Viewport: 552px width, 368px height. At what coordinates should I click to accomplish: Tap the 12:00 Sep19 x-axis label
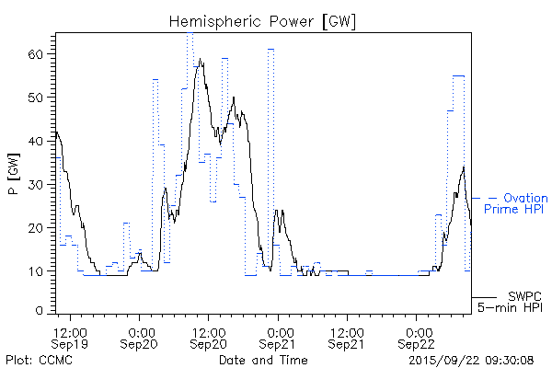[x=71, y=337]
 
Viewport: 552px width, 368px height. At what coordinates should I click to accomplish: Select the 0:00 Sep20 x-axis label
[x=140, y=337]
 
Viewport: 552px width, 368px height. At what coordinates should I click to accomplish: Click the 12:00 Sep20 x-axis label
[x=209, y=337]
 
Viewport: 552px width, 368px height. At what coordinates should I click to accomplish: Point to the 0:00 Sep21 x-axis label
[x=278, y=337]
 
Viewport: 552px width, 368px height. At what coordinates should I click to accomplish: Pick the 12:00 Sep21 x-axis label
[x=347, y=337]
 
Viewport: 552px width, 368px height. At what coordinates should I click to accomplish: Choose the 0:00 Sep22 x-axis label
[x=417, y=337]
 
